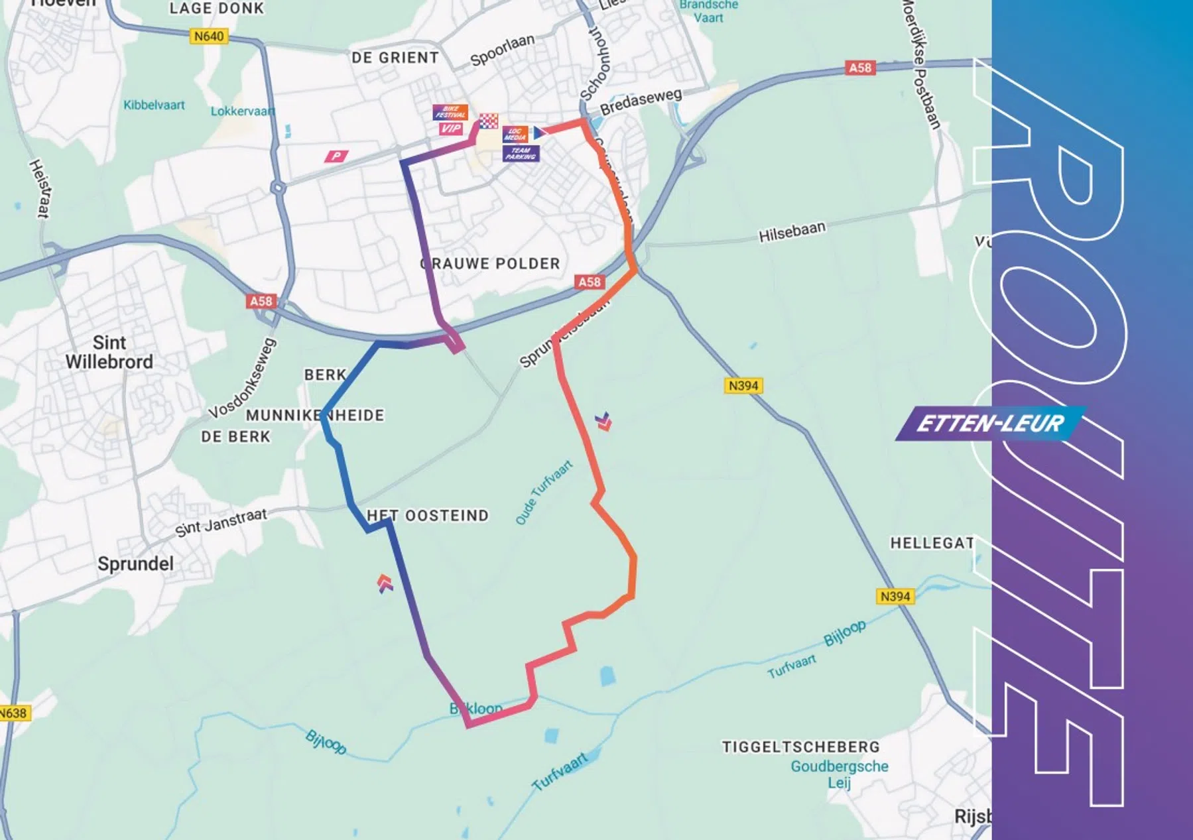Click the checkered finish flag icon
[489, 121]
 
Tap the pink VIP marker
[451, 129]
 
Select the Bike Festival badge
[451, 112]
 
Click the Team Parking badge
[521, 154]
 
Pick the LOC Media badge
[515, 134]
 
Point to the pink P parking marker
[336, 156]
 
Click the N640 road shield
[209, 36]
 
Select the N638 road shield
[13, 713]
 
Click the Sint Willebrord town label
[109, 352]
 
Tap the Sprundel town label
[135, 564]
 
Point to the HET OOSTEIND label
[428, 515]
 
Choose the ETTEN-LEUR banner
[989, 423]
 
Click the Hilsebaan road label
[792, 231]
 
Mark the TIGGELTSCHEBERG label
[800, 747]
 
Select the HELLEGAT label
[932, 543]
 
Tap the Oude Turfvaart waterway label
[544, 493]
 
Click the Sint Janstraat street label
[221, 522]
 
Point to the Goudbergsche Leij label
[839, 774]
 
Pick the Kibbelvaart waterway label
[154, 105]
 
